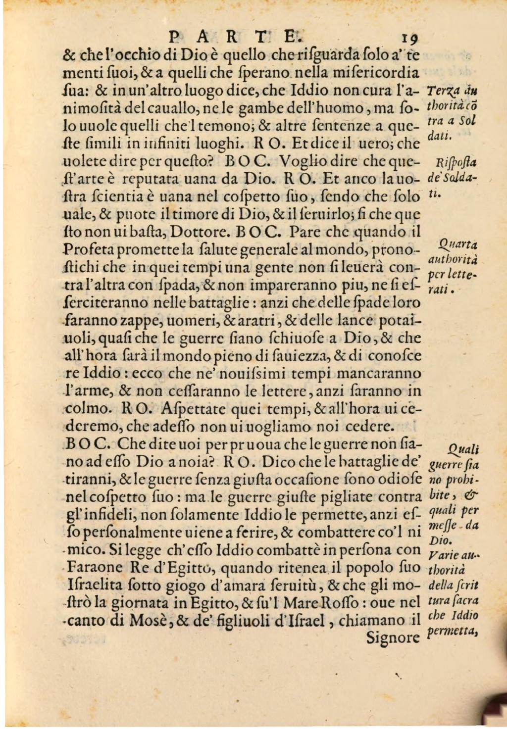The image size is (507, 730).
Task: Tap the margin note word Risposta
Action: tap(451, 164)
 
